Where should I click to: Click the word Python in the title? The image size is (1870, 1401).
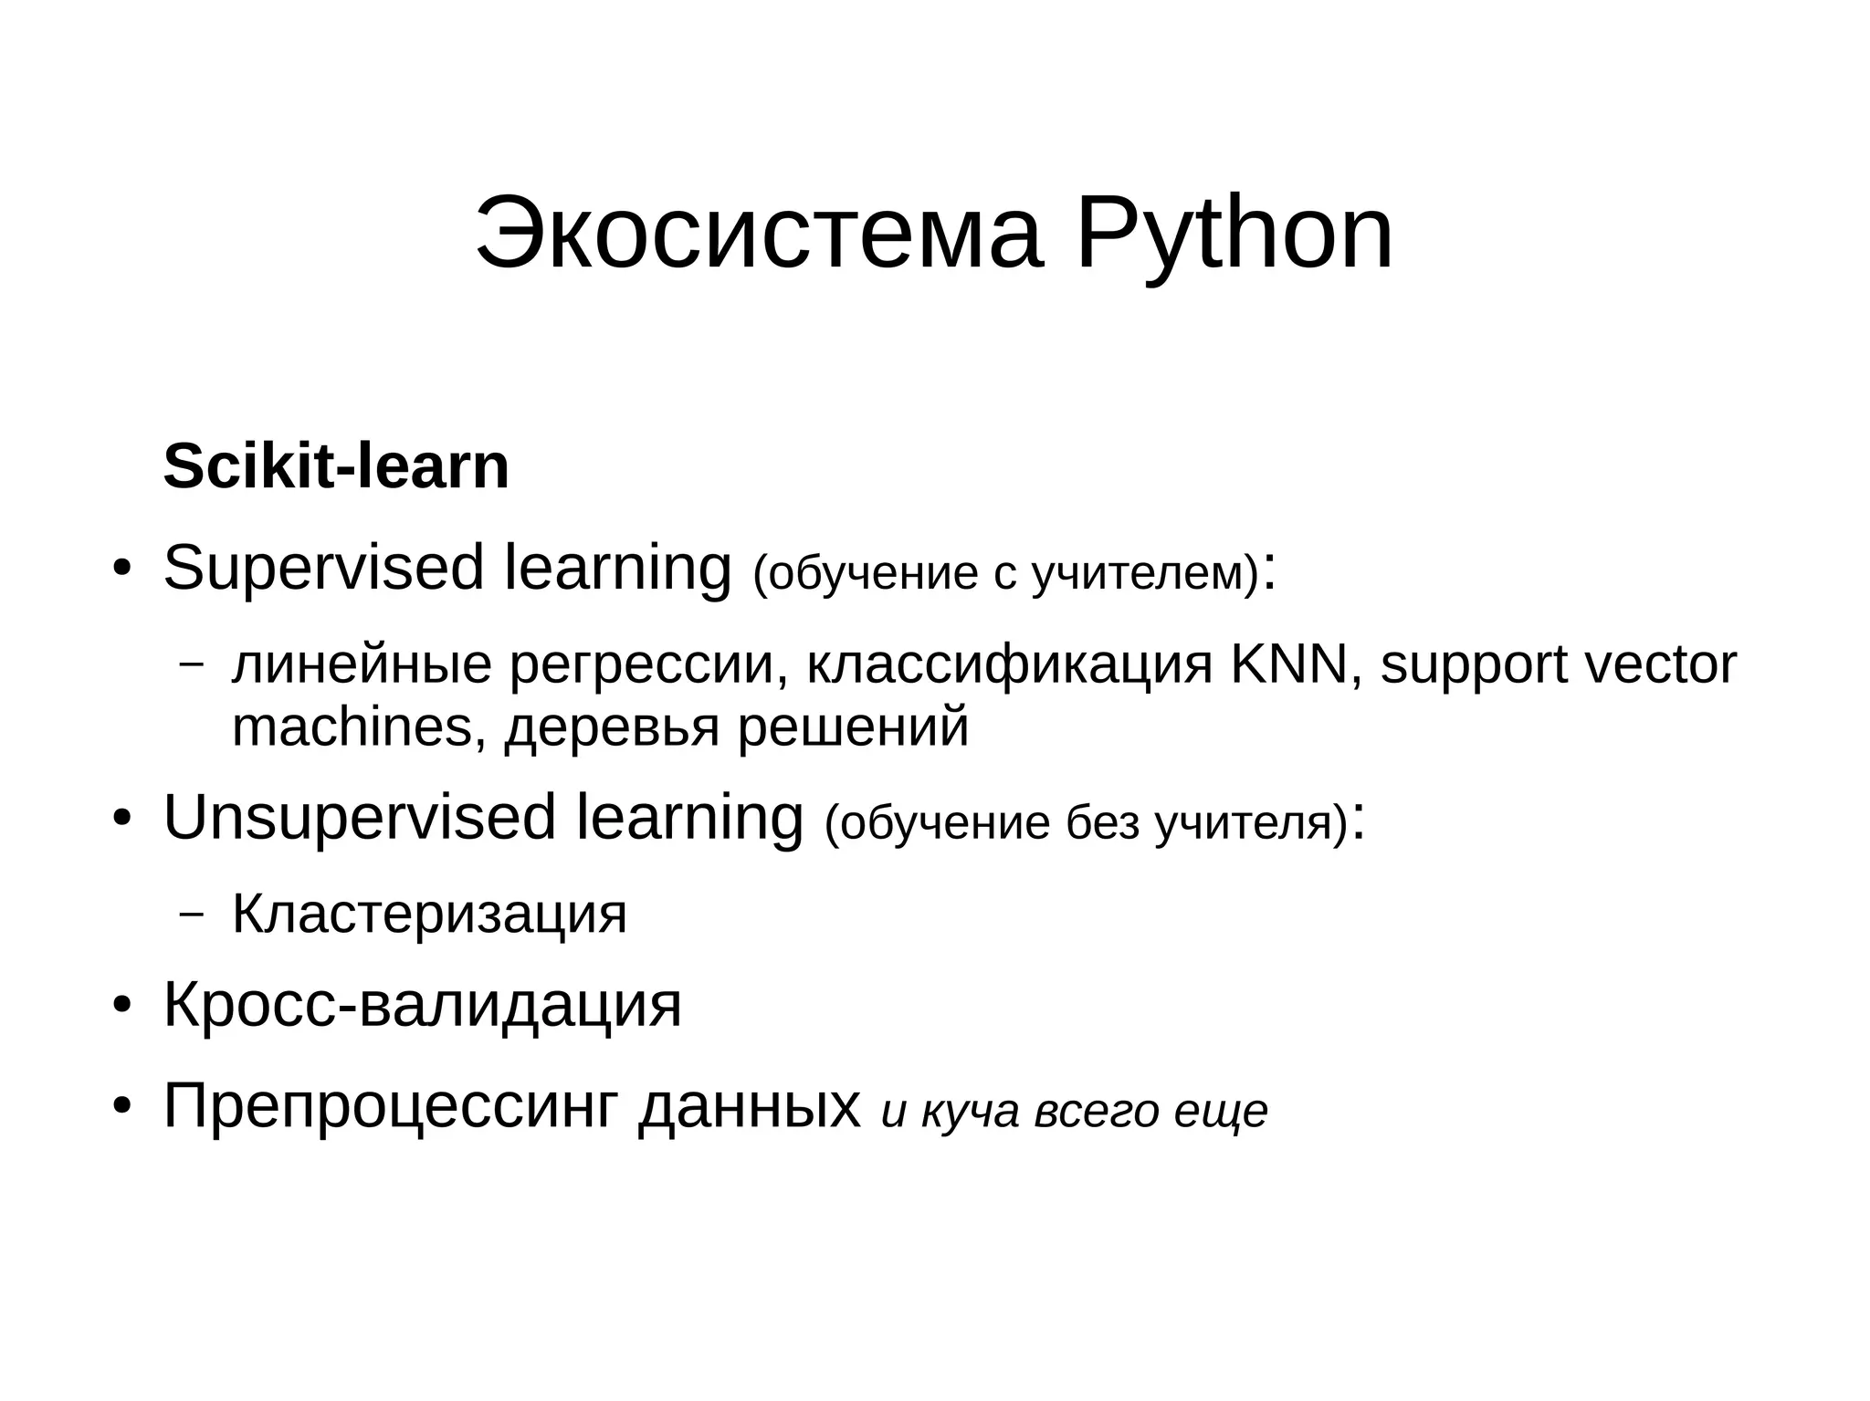coord(1234,235)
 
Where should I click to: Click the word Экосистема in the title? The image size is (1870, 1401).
coord(758,235)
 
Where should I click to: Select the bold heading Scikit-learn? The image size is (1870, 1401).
coord(336,466)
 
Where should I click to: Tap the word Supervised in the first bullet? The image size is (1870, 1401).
coord(323,569)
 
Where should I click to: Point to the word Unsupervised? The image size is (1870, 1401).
coord(360,818)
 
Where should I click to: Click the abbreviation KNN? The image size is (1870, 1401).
coord(1288,664)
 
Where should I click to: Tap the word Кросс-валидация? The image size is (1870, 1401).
coord(423,1006)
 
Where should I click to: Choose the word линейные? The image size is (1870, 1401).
coord(362,665)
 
